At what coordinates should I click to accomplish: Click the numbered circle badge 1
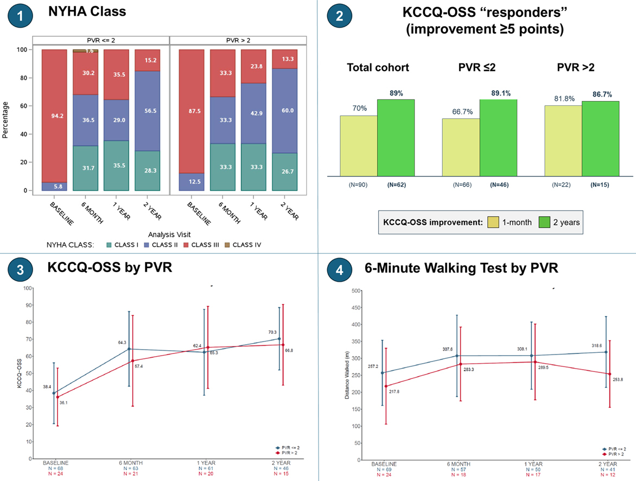pos(20,16)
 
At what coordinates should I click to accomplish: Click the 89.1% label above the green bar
pos(498,93)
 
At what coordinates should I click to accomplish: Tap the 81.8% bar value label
pos(562,98)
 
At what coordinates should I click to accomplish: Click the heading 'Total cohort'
pos(378,68)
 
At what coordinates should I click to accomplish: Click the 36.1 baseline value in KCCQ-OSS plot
pos(64,403)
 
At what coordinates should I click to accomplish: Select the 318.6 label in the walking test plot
pos(596,345)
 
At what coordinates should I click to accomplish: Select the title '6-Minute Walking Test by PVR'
pos(461,268)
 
